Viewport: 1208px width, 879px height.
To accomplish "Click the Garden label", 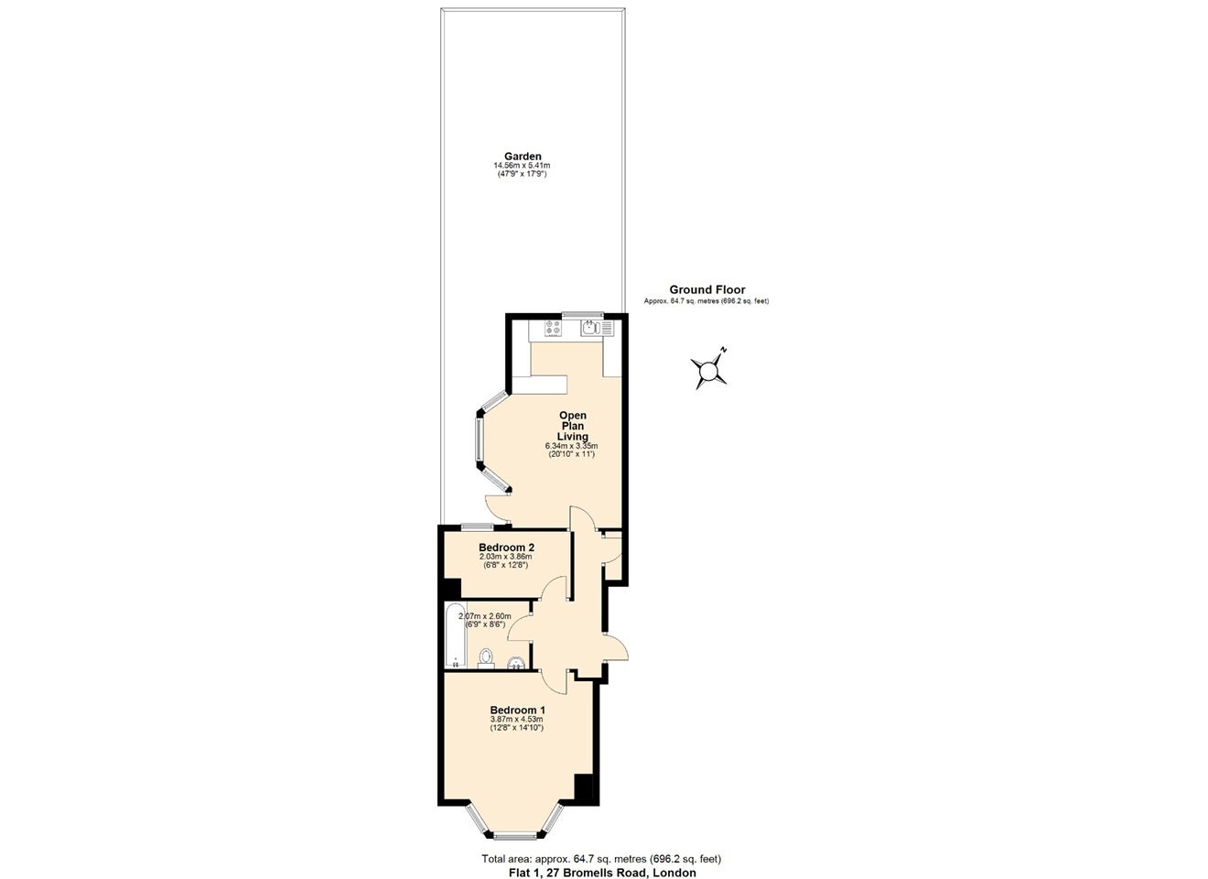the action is (523, 157).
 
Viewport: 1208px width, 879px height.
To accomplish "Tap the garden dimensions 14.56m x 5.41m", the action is (522, 166).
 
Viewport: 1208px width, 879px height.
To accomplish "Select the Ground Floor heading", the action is (707, 289).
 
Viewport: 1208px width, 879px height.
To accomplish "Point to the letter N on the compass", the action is (725, 350).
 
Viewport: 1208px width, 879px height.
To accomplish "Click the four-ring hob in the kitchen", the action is (554, 328).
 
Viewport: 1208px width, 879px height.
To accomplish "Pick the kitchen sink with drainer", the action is (597, 328).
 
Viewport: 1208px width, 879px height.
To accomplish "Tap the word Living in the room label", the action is (573, 437).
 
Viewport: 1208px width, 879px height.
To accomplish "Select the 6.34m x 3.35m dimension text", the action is (572, 446).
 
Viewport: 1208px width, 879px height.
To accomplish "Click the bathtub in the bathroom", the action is (455, 635).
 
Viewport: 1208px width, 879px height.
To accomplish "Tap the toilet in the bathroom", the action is (486, 658).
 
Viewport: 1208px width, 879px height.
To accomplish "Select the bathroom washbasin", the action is (517, 663).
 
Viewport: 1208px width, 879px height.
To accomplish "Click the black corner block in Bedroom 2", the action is (452, 588).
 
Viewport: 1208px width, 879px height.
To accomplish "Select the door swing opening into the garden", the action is (497, 508).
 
